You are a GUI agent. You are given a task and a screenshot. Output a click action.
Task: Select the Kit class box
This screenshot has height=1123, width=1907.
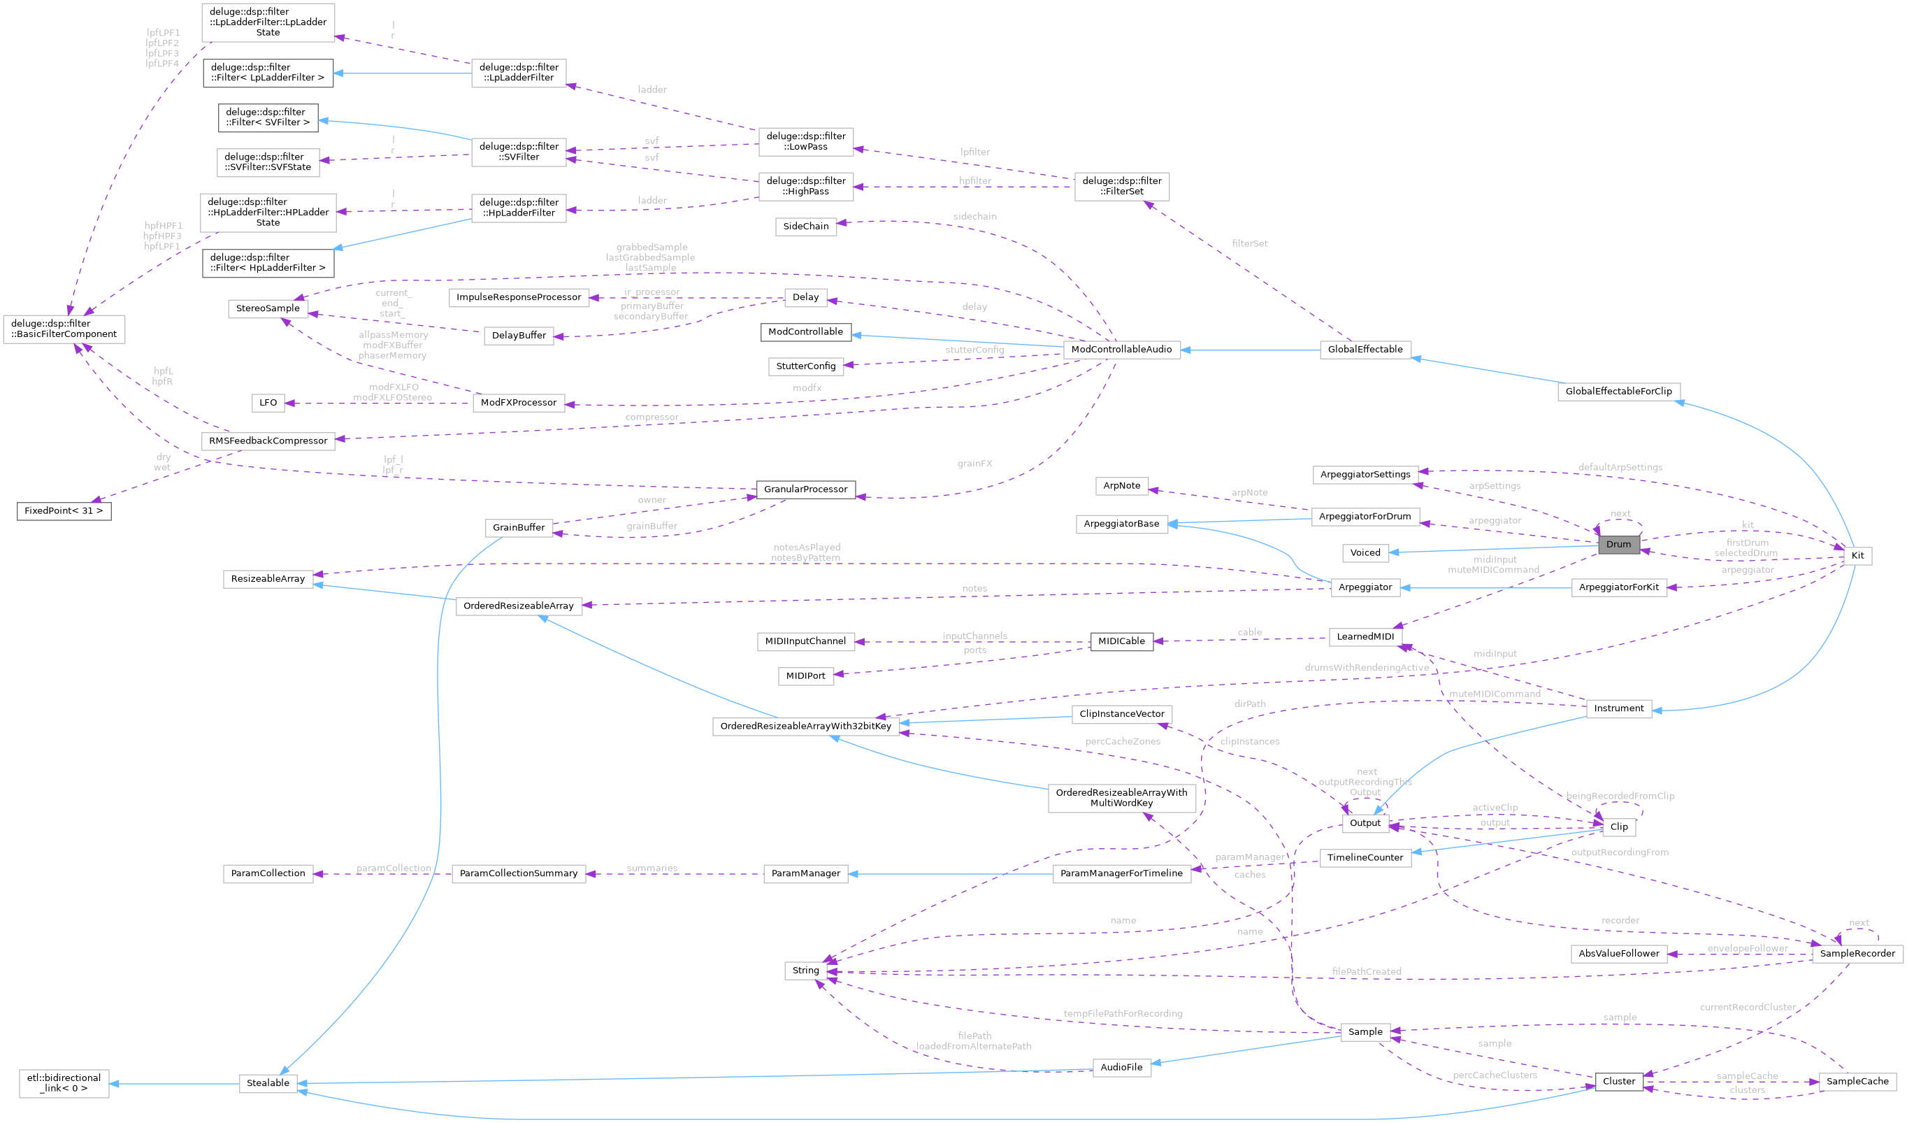(1857, 555)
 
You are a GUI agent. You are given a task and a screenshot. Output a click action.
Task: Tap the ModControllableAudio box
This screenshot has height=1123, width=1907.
(1121, 349)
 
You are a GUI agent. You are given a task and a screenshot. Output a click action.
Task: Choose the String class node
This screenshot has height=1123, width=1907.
(805, 970)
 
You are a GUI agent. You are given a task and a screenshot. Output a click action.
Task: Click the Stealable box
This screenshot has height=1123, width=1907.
(268, 1083)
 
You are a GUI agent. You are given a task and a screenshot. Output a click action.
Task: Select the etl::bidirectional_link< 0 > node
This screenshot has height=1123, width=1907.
(64, 1083)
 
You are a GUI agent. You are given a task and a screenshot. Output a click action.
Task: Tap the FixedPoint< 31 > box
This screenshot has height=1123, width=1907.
(64, 510)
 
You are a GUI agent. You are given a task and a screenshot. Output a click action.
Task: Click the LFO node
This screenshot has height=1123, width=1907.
(268, 403)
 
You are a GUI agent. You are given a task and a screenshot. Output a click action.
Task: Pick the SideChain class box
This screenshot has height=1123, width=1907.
(805, 227)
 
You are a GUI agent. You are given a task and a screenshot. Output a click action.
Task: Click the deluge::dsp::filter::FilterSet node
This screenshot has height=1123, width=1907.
(1121, 186)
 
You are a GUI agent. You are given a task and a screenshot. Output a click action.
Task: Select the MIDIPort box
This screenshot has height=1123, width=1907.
(805, 675)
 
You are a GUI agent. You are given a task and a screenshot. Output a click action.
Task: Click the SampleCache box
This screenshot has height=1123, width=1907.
(1857, 1081)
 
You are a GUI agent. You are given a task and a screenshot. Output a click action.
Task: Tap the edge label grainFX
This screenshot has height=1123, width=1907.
(974, 464)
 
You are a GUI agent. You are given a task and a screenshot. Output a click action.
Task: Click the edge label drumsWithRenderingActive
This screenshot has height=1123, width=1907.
(1366, 668)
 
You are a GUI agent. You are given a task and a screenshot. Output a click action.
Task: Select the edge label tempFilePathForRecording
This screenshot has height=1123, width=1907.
(1122, 1013)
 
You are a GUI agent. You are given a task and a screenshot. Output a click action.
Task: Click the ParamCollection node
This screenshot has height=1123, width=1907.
(268, 873)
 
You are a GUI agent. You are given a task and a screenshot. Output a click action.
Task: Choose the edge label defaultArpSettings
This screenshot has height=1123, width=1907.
(1620, 467)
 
